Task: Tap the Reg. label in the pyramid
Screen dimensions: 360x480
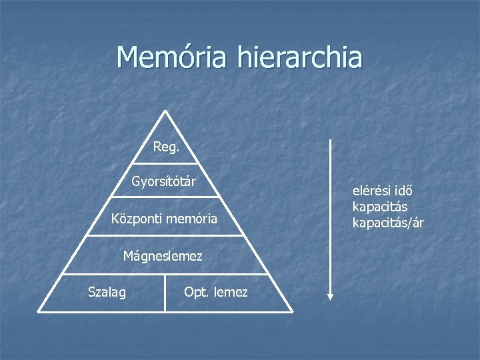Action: click(166, 147)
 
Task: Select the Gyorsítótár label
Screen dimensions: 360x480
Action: click(164, 181)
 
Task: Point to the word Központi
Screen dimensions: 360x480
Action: click(137, 218)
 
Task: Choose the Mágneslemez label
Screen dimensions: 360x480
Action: click(163, 255)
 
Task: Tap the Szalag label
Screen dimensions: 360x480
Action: click(107, 291)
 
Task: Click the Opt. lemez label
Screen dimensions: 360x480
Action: click(215, 292)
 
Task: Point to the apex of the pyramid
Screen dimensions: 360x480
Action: click(165, 111)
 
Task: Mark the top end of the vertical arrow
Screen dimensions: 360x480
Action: click(330, 141)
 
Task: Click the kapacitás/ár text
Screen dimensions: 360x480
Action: click(388, 222)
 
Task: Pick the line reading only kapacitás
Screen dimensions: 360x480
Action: click(380, 207)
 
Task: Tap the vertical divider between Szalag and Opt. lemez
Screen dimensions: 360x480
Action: click(165, 293)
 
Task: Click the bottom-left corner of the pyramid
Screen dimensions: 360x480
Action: click(39, 311)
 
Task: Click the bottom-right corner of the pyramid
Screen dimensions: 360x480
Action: click(292, 311)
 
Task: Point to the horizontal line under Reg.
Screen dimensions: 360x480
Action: click(165, 163)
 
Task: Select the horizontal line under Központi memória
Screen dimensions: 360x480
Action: click(165, 235)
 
